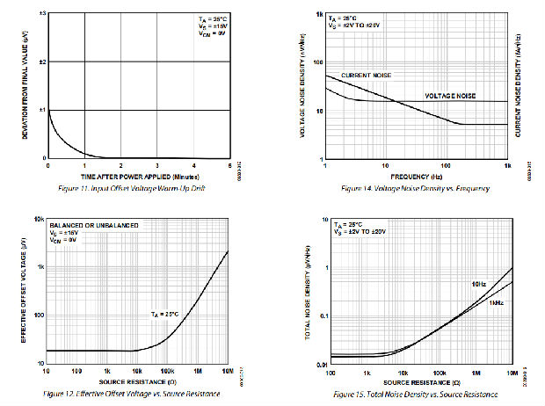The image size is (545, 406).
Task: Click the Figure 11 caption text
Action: click(135, 189)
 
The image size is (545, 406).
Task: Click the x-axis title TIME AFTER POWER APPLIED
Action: click(139, 176)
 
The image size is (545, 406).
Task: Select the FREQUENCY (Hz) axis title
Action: click(417, 176)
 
